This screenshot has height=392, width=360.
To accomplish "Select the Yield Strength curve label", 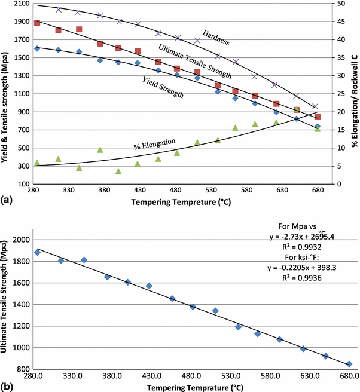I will [x=162, y=86].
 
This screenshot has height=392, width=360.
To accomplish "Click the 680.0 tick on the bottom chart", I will [x=349, y=376].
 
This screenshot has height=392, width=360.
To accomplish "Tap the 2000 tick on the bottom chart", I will [x=20, y=240].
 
